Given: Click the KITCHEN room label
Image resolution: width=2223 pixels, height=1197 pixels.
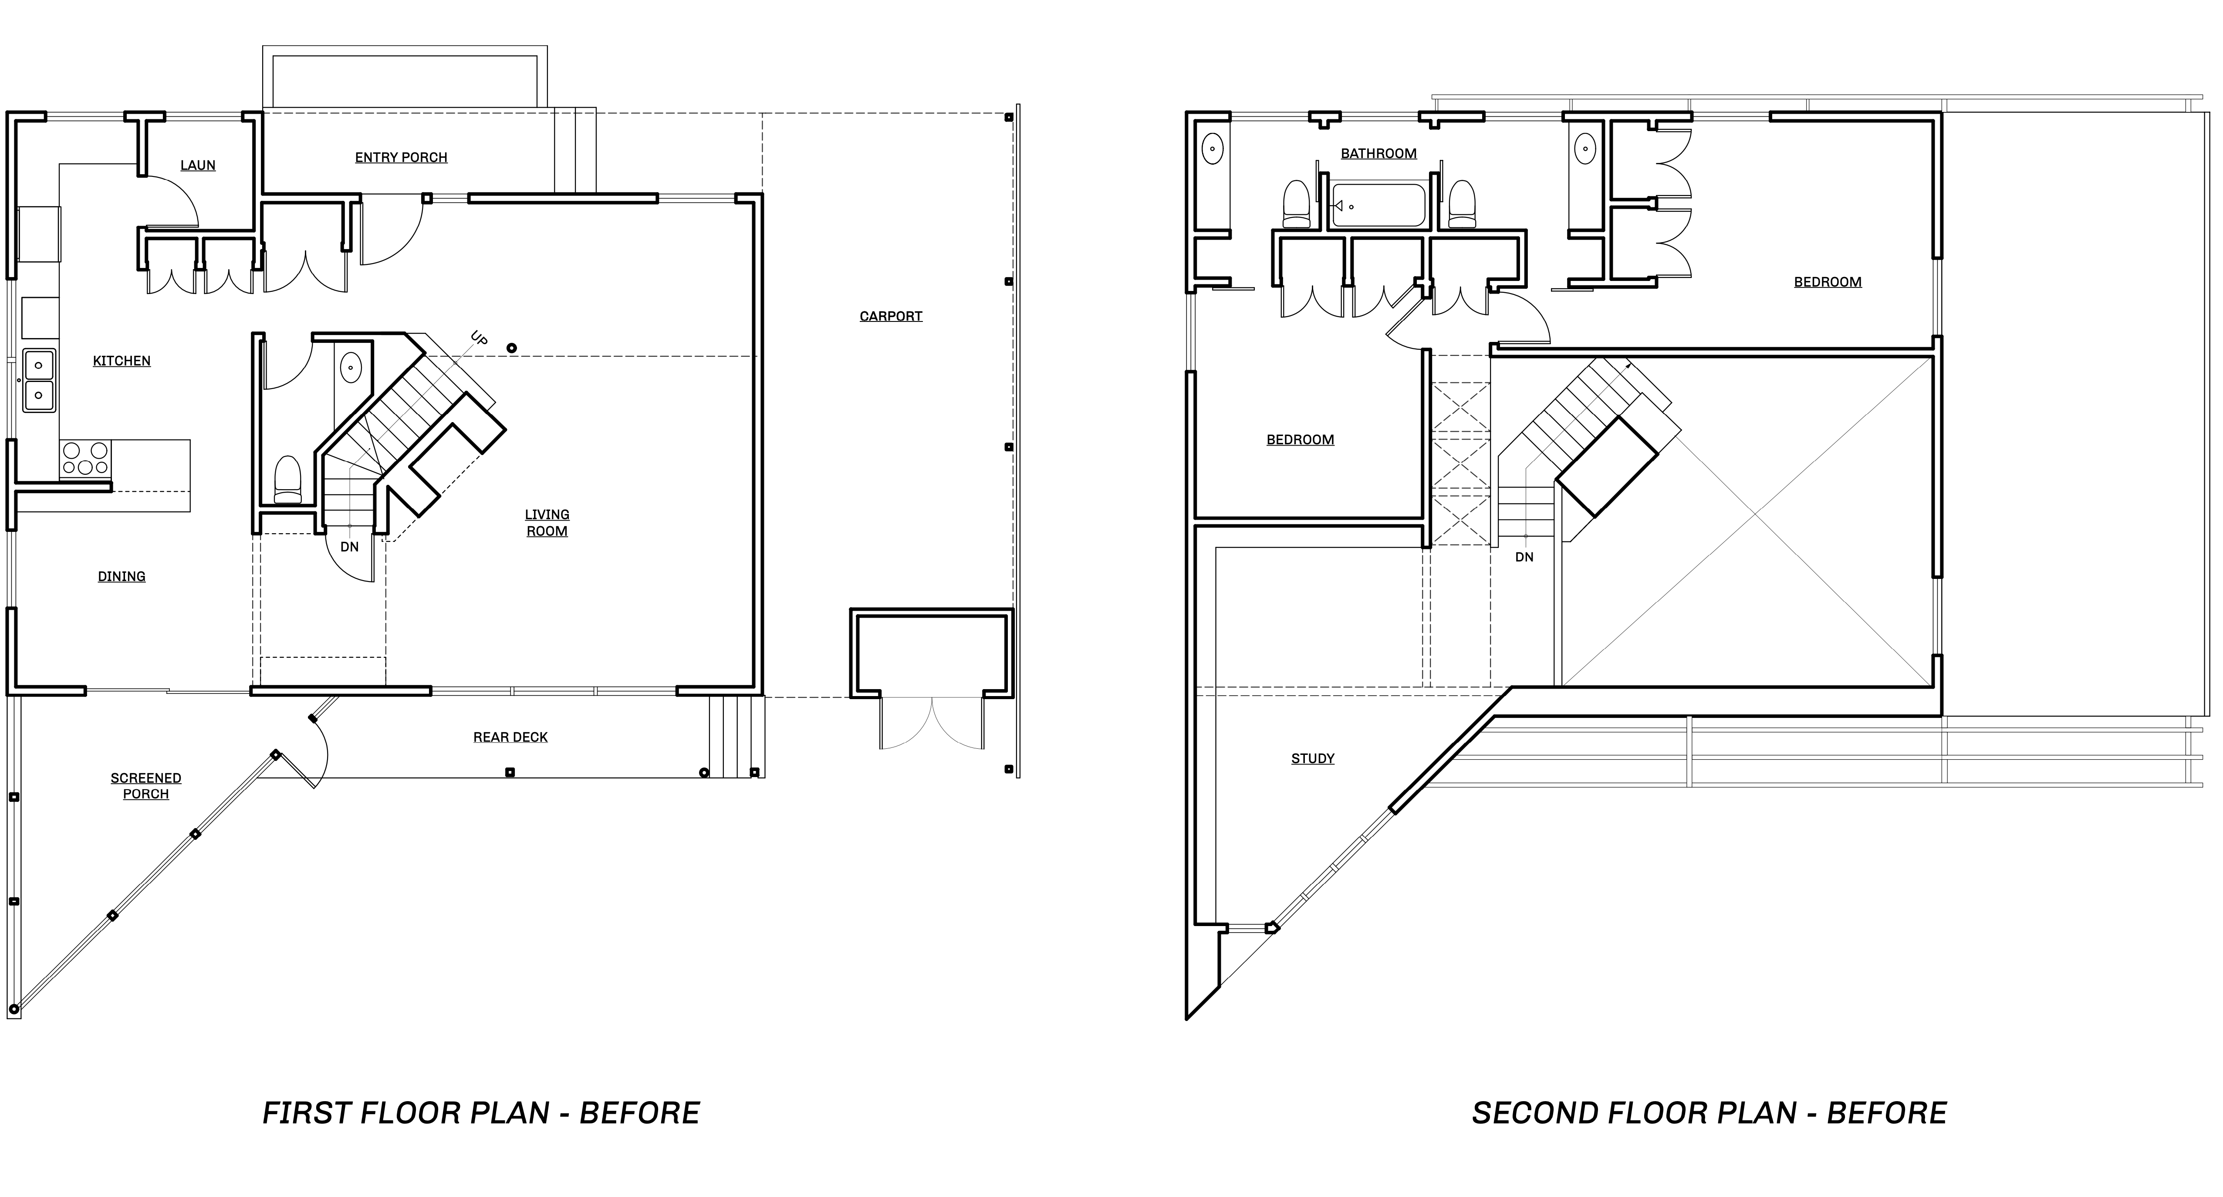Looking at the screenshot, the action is tap(122, 361).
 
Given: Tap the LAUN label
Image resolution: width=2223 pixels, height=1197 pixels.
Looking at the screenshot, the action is tap(198, 165).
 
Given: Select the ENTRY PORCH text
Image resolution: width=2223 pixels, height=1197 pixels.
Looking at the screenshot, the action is tap(401, 157).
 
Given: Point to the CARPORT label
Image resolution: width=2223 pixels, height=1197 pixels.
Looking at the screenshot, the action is tap(891, 316).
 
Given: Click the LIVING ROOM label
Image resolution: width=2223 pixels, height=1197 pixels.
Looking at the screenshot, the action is tap(547, 522).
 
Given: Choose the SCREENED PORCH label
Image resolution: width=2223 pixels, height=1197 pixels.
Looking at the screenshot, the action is tap(146, 785).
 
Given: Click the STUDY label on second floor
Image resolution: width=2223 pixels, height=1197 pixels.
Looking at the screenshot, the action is tap(1313, 759).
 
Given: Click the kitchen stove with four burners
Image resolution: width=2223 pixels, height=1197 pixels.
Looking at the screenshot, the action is tap(85, 458).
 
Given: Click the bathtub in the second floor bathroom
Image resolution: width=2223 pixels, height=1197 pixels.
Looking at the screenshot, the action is tap(1379, 206).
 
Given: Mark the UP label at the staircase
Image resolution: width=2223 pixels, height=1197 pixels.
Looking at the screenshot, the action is tap(479, 338).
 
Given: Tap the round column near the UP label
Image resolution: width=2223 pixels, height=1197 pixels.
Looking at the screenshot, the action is tap(512, 348).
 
